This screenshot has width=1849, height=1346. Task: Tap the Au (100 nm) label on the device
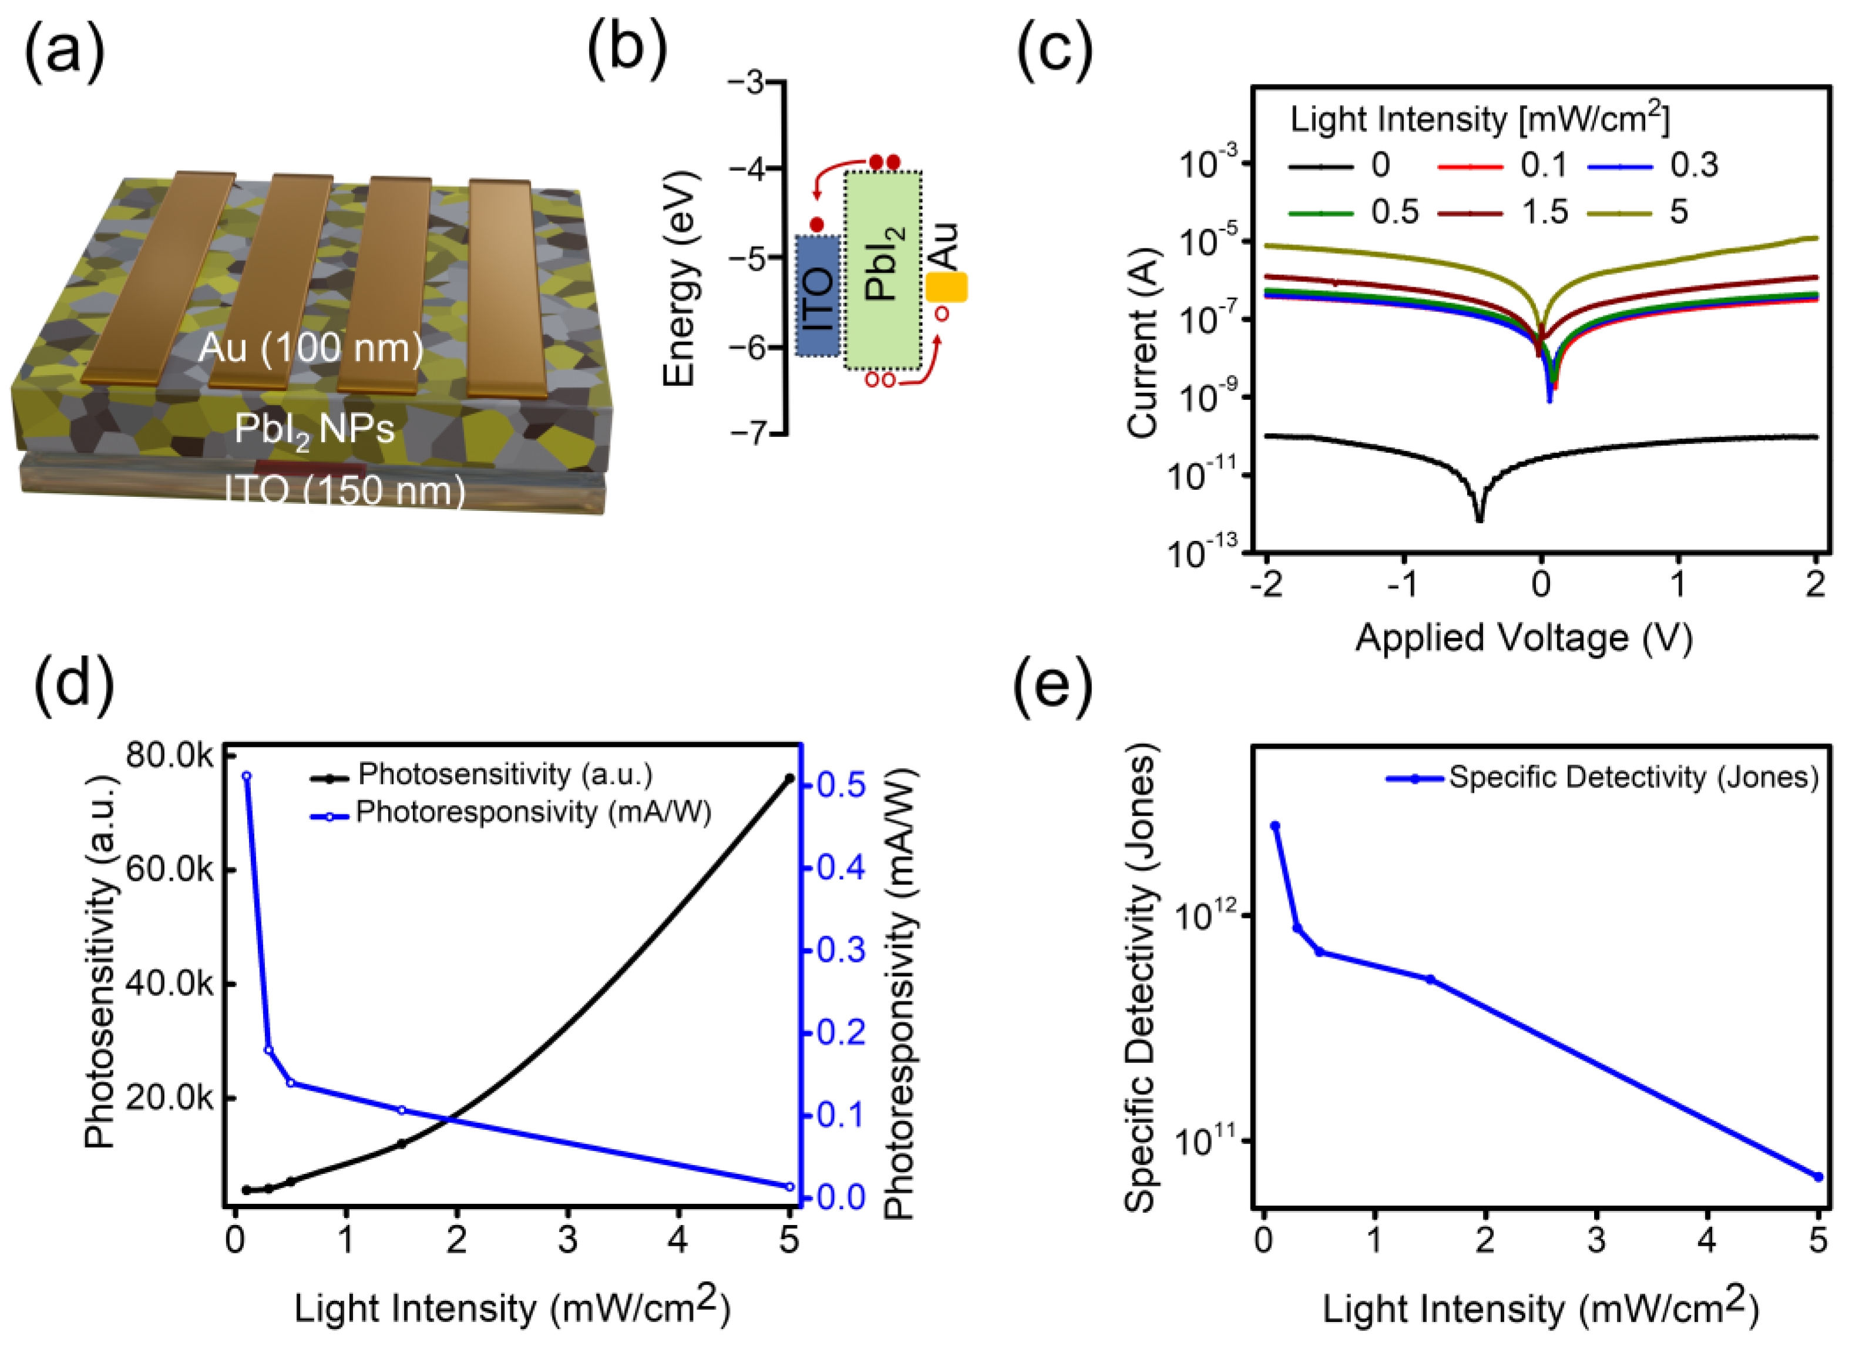click(x=311, y=348)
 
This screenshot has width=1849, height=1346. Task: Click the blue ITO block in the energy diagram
click(x=818, y=295)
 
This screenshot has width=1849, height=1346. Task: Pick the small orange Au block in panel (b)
click(x=946, y=287)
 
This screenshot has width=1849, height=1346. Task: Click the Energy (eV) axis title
click(x=679, y=278)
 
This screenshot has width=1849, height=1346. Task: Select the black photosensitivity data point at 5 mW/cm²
click(x=789, y=779)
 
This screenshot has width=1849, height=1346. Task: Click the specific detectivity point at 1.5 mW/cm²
click(x=1430, y=979)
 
